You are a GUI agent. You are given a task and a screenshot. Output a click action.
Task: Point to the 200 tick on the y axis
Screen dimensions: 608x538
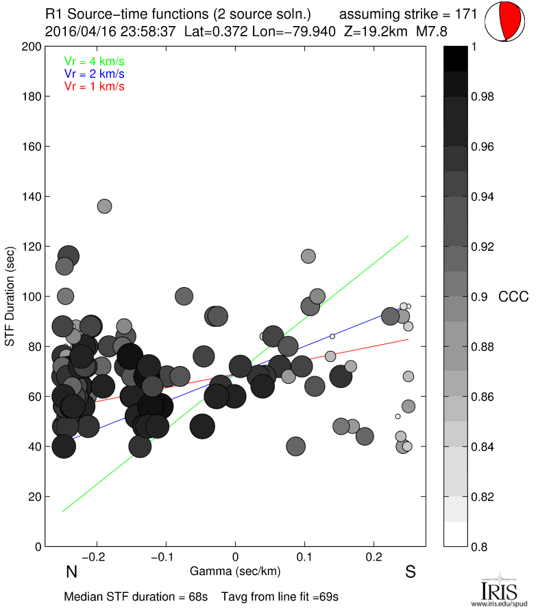click(32, 47)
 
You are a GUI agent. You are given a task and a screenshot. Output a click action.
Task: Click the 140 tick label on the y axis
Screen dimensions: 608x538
click(32, 197)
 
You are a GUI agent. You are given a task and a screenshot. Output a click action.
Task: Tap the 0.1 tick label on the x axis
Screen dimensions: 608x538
click(305, 556)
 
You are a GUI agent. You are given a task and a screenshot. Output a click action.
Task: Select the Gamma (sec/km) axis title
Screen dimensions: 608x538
click(236, 570)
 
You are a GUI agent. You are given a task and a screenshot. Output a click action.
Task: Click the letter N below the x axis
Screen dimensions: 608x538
click(71, 572)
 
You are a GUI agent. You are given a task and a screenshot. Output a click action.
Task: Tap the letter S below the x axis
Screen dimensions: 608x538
click(411, 572)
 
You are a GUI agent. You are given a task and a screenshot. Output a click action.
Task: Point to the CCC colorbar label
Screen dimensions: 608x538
click(513, 297)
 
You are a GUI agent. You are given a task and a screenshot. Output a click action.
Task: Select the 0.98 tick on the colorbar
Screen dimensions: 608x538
click(483, 97)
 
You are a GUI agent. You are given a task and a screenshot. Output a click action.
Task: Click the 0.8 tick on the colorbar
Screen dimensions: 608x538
click(480, 546)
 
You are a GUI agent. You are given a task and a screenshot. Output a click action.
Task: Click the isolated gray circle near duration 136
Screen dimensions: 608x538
click(104, 206)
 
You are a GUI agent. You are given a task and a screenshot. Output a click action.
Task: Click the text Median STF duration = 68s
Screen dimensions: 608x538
click(136, 596)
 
